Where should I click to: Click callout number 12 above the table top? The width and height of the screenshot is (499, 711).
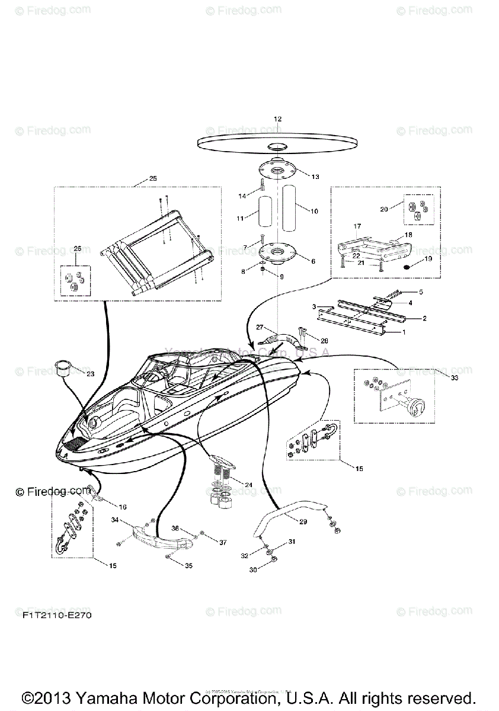277,119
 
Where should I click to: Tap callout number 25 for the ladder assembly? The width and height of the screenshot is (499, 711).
153,178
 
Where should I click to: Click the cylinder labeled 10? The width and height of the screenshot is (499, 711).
290,209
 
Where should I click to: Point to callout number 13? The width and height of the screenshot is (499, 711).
315,177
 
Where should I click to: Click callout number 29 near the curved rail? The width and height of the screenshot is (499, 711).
303,521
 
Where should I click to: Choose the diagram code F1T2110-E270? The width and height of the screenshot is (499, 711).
53,616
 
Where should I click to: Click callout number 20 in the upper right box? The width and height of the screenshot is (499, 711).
384,209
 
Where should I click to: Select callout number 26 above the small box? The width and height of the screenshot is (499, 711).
77,249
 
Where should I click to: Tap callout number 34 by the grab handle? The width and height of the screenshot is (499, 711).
115,520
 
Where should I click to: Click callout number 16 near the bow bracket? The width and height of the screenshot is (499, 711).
123,507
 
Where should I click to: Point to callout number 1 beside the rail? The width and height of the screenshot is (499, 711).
404,332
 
